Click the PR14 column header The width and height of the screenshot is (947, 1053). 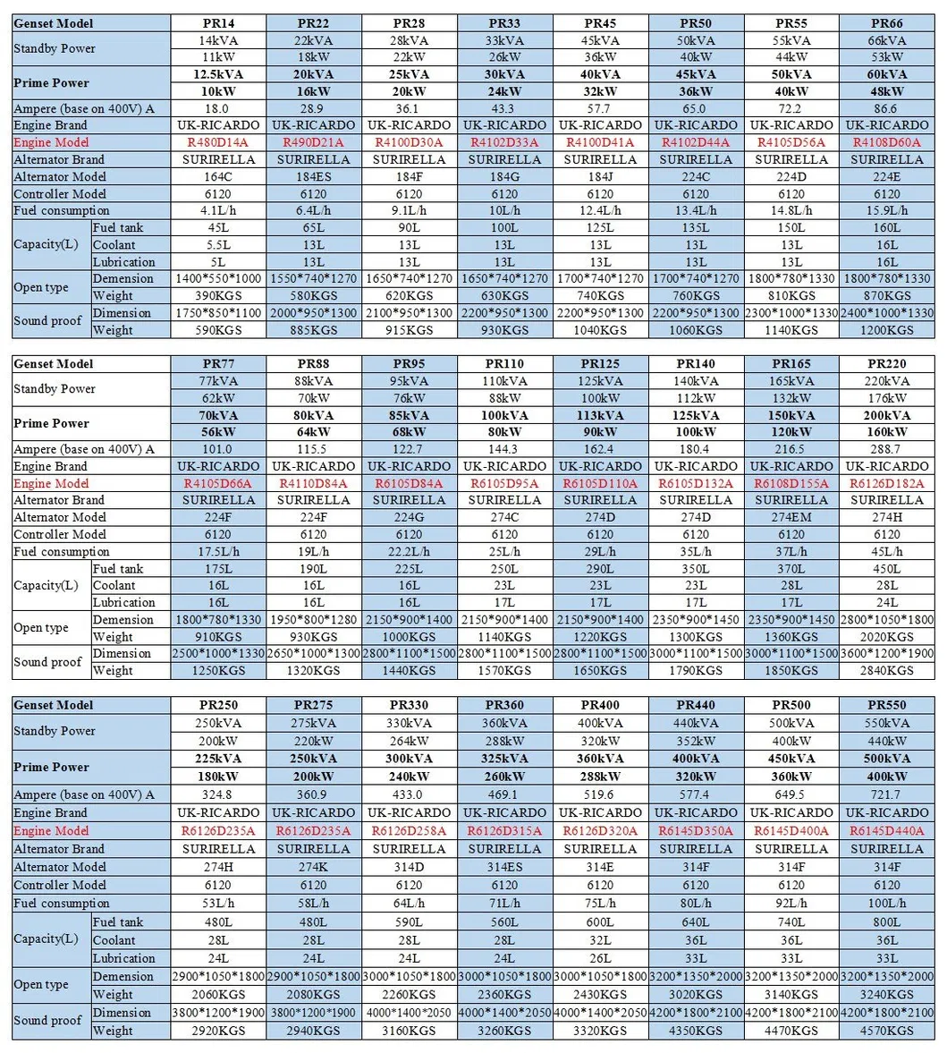(x=218, y=23)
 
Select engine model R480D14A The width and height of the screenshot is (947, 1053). (x=218, y=142)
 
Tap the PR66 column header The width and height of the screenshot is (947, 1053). (x=886, y=23)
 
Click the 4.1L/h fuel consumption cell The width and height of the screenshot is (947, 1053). (x=218, y=210)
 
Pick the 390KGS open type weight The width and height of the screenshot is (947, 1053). (x=218, y=295)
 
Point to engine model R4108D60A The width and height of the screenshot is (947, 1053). (x=886, y=142)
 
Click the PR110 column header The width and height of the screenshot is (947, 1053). (x=504, y=364)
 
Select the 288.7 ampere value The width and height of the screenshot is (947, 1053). (x=886, y=449)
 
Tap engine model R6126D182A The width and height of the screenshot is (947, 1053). (x=886, y=483)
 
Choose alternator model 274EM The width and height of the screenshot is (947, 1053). (x=791, y=517)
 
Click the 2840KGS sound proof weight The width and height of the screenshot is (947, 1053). (x=886, y=670)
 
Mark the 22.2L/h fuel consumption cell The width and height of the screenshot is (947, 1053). (x=409, y=551)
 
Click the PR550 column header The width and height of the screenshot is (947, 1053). (x=886, y=705)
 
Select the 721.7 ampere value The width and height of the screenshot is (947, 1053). (x=886, y=794)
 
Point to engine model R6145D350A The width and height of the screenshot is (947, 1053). (x=696, y=830)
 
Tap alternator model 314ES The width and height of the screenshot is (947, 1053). (x=504, y=866)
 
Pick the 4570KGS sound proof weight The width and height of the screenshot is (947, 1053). (x=886, y=1031)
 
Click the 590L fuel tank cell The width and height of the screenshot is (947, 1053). (x=409, y=921)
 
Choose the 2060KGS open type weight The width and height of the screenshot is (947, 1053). (x=218, y=994)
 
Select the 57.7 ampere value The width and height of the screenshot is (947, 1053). (x=600, y=108)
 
